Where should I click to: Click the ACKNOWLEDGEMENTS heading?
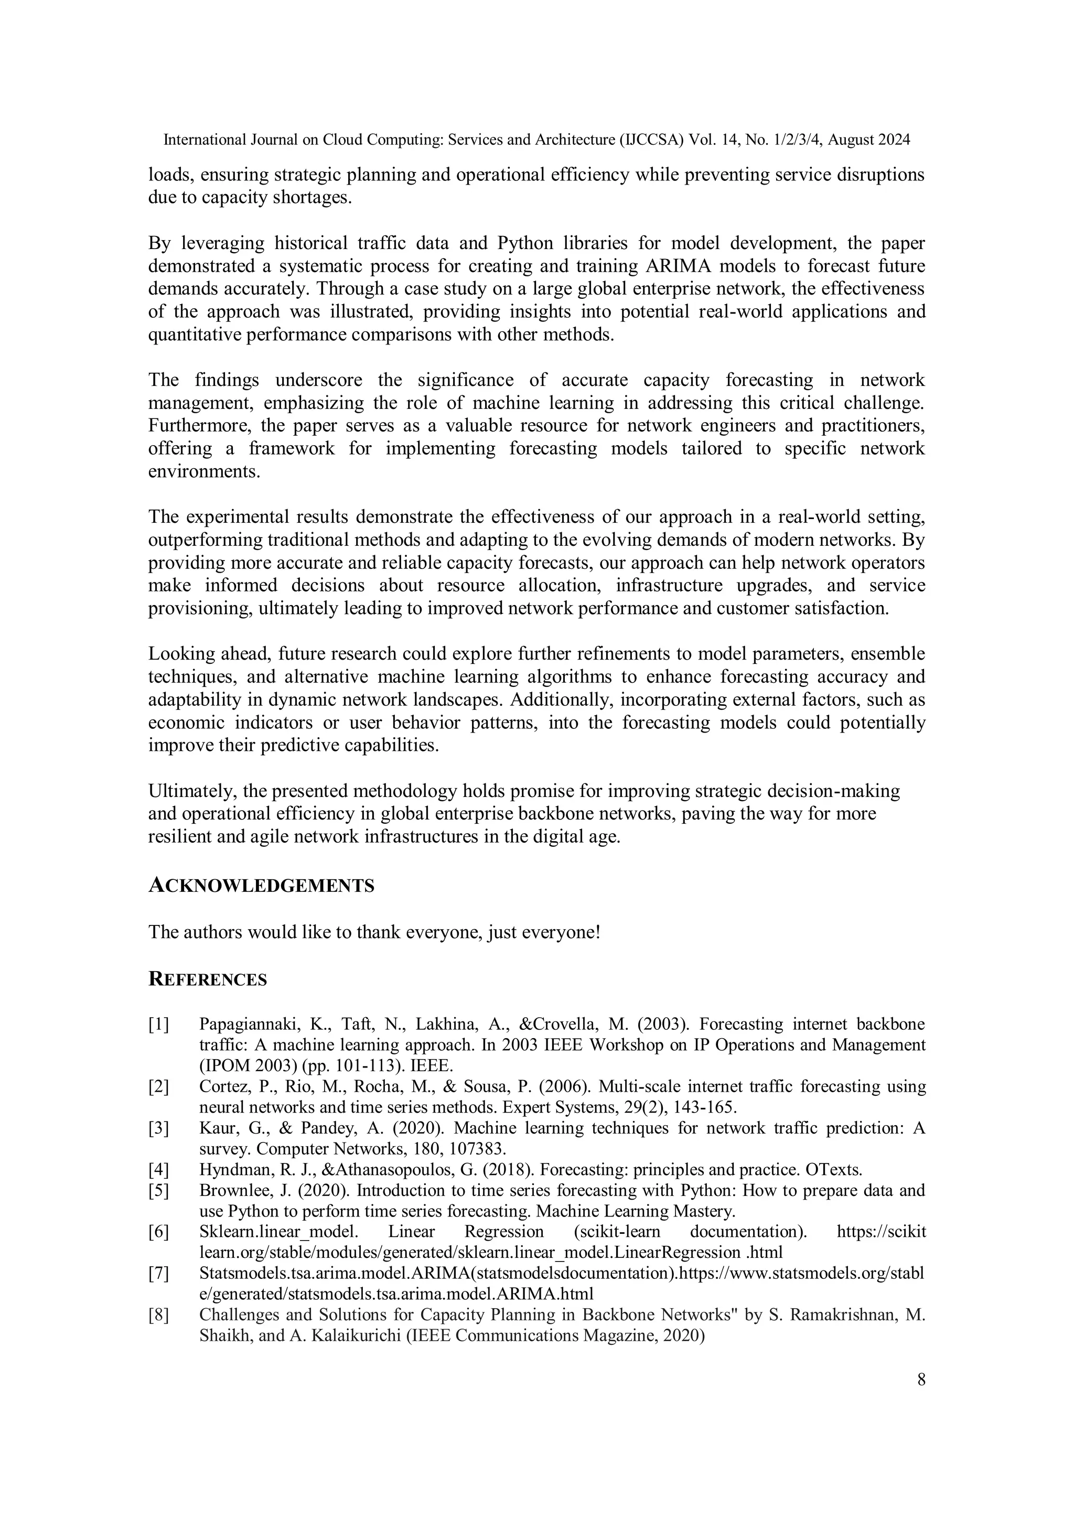261,886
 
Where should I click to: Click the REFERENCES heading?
207,980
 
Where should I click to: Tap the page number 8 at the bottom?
921,1380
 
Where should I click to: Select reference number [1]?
159,1025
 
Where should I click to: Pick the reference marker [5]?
159,1190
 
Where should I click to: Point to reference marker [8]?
159,1314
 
